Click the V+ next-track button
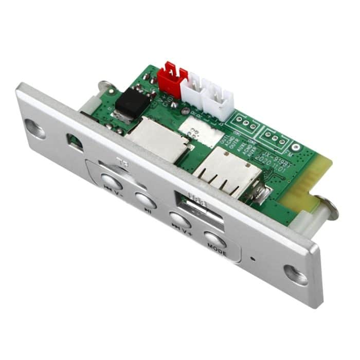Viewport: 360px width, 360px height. pyautogui.click(x=180, y=220)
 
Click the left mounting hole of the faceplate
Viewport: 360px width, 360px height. pyautogui.click(x=34, y=129)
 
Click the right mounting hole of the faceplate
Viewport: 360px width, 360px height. pyautogui.click(x=296, y=274)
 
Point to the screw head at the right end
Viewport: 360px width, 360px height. pyautogui.click(x=328, y=208)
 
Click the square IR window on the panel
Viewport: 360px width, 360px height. pyautogui.click(x=75, y=142)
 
